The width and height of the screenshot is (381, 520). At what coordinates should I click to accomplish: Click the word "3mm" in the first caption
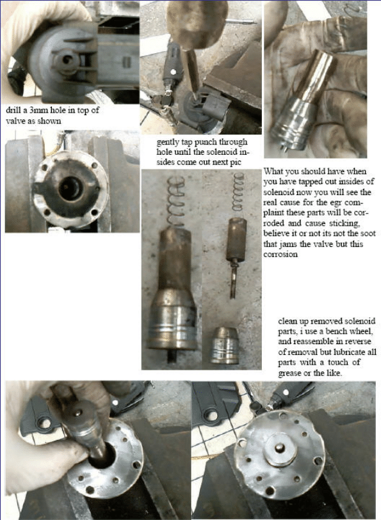tap(39, 110)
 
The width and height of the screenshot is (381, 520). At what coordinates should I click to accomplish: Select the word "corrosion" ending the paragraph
tap(280, 255)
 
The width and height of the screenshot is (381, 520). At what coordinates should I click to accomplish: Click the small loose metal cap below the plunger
tap(225, 345)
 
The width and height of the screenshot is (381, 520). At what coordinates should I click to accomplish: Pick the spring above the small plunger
tap(238, 192)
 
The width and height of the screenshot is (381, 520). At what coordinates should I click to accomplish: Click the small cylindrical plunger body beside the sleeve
tap(237, 239)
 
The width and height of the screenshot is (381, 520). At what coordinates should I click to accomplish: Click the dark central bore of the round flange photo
tap(70, 189)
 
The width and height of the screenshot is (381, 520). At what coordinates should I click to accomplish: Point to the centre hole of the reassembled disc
tap(280, 448)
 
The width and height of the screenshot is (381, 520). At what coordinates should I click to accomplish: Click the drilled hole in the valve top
tap(67, 59)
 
